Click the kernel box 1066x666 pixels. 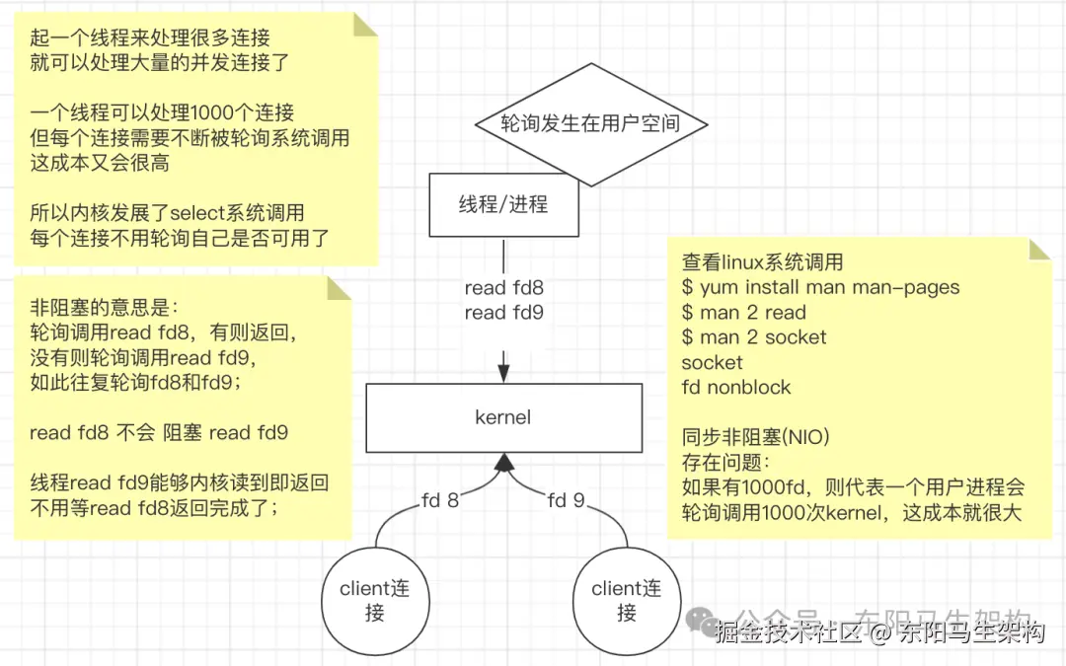click(x=502, y=417)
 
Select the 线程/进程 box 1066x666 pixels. click(x=502, y=205)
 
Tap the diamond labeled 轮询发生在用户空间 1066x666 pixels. click(x=591, y=124)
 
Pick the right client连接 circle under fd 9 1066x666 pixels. click(x=626, y=601)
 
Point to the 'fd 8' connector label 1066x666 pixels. click(x=440, y=500)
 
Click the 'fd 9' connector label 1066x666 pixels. click(x=566, y=500)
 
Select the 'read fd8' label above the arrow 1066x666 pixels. click(x=503, y=288)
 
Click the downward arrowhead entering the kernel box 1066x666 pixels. click(x=503, y=373)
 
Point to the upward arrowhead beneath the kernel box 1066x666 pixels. click(x=503, y=461)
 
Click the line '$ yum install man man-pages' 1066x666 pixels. click(x=820, y=288)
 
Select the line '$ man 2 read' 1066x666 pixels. click(x=743, y=313)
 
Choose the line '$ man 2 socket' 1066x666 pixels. click(x=754, y=337)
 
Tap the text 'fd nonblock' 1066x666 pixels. click(x=736, y=387)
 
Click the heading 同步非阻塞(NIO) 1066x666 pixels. click(x=755, y=436)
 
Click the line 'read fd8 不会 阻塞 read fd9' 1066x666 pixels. click(x=158, y=432)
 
